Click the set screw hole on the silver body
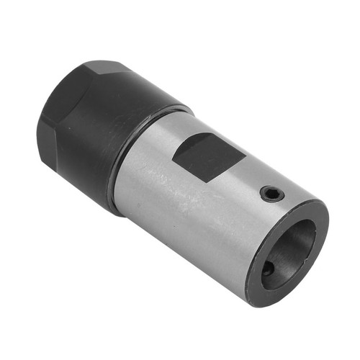pyautogui.click(x=271, y=193)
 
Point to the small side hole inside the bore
pyautogui.click(x=267, y=268)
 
